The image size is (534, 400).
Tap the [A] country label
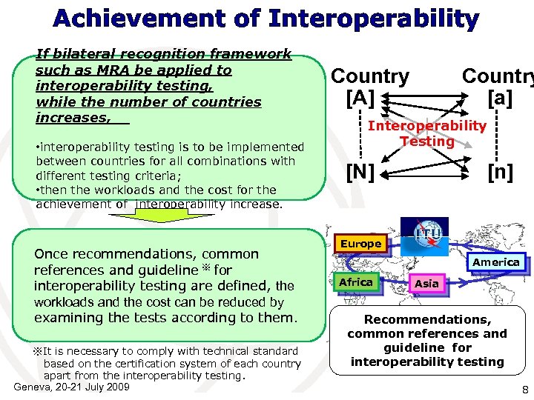click(x=361, y=97)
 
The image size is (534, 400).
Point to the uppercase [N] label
click(x=361, y=173)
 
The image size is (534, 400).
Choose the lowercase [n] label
click(x=500, y=173)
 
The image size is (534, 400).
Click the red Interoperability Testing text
click(x=427, y=133)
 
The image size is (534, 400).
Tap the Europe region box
click(x=360, y=244)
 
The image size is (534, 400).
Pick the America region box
click(x=495, y=262)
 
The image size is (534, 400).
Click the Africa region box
click(x=355, y=282)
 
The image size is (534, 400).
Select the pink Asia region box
click(x=426, y=284)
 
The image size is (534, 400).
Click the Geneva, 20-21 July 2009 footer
click(x=72, y=387)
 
